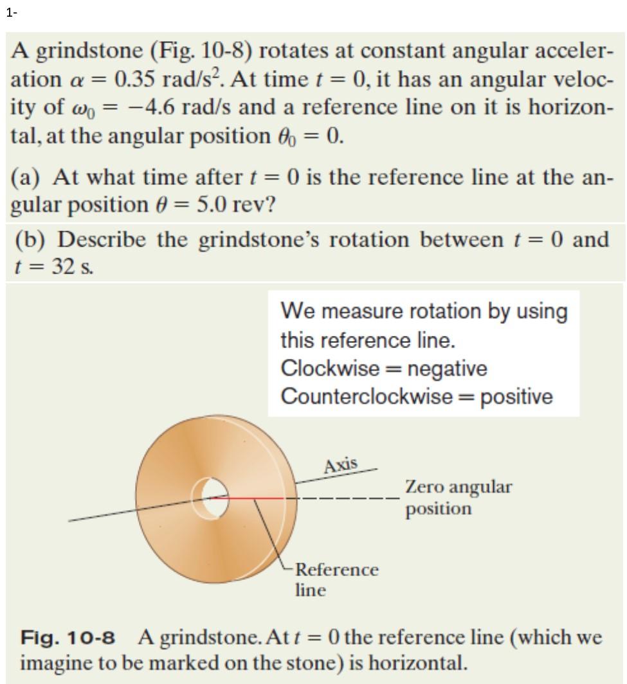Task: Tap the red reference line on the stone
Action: pyautogui.click(x=257, y=498)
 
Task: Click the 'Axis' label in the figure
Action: pyautogui.click(x=341, y=464)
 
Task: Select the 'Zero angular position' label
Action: pyautogui.click(x=458, y=497)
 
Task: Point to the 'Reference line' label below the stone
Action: pyautogui.click(x=336, y=579)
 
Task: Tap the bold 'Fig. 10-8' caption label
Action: pyautogui.click(x=68, y=638)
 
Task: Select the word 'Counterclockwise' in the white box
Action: pyautogui.click(x=366, y=396)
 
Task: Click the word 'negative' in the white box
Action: pyautogui.click(x=448, y=369)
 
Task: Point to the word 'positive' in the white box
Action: pyautogui.click(x=516, y=397)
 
